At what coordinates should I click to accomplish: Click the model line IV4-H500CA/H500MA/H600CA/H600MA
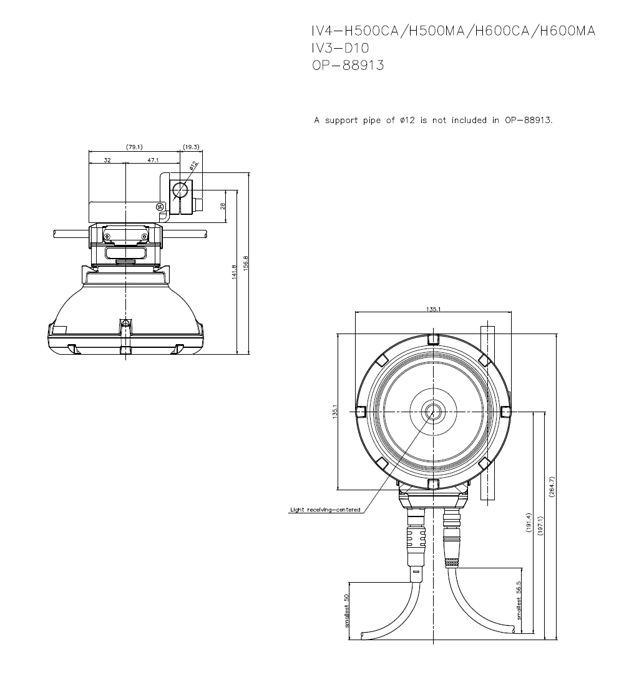[x=453, y=31]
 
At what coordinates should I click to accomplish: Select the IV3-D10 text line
[x=340, y=47]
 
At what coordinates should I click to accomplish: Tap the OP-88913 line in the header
[x=348, y=66]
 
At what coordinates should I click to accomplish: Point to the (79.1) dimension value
[x=134, y=147]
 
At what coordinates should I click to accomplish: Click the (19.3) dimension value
[x=191, y=147]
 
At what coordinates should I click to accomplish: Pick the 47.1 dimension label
[x=153, y=161]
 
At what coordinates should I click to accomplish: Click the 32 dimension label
[x=107, y=161]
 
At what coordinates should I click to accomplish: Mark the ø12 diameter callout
[x=193, y=166]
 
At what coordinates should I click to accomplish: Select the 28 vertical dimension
[x=223, y=206]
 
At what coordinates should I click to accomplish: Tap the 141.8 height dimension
[x=234, y=272]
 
